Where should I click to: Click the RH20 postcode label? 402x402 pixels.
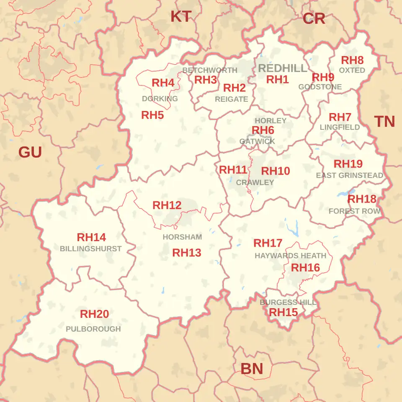tap(94, 314)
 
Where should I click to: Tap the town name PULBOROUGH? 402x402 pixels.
tap(93, 329)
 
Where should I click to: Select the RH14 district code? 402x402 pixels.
tap(91, 237)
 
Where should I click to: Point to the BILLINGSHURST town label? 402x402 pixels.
tap(90, 249)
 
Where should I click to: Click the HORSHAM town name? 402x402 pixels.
tap(182, 237)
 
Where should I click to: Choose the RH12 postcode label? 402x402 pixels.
tap(167, 205)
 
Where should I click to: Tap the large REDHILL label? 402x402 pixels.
tap(283, 68)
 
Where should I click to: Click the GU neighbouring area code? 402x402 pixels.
tap(30, 152)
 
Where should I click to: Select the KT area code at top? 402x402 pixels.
tap(181, 17)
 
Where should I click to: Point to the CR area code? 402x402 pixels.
tap(314, 18)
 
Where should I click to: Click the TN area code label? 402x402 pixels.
tap(384, 121)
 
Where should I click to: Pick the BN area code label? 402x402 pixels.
tap(252, 369)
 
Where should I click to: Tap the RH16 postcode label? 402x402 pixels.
tap(305, 268)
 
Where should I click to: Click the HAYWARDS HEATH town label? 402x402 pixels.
tap(290, 255)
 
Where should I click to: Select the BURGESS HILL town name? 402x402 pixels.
tap(288, 302)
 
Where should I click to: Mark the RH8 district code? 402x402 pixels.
tap(352, 60)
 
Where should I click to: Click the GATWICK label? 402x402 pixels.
tap(257, 142)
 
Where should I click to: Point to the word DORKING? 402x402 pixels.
tap(160, 99)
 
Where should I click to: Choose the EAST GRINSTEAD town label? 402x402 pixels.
tap(349, 175)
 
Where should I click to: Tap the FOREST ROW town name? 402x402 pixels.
tap(354, 211)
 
